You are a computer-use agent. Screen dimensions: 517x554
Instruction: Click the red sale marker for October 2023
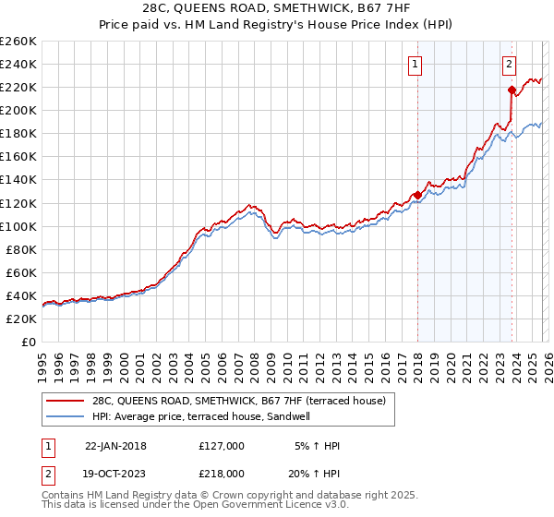click(x=511, y=90)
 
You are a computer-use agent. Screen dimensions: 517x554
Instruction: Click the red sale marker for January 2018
click(x=417, y=195)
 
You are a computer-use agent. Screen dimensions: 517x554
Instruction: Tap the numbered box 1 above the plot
click(x=415, y=65)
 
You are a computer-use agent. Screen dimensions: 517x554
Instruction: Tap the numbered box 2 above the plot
click(x=509, y=65)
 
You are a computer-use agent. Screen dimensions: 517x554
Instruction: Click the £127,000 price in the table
click(x=221, y=446)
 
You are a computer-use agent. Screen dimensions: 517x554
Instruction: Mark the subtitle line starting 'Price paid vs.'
click(x=277, y=26)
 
